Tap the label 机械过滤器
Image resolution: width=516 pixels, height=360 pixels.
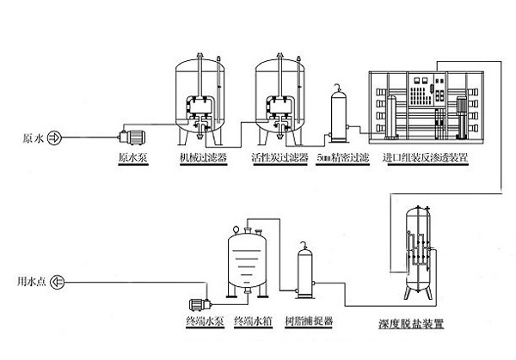click(x=203, y=159)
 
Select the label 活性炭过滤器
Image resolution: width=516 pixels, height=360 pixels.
click(x=279, y=159)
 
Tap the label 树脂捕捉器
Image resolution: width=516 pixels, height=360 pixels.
click(x=311, y=320)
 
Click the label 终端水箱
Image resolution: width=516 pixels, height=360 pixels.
click(x=251, y=320)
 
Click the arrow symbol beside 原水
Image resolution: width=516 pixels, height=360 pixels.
click(x=54, y=137)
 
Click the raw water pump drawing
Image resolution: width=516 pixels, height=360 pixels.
click(x=134, y=137)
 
